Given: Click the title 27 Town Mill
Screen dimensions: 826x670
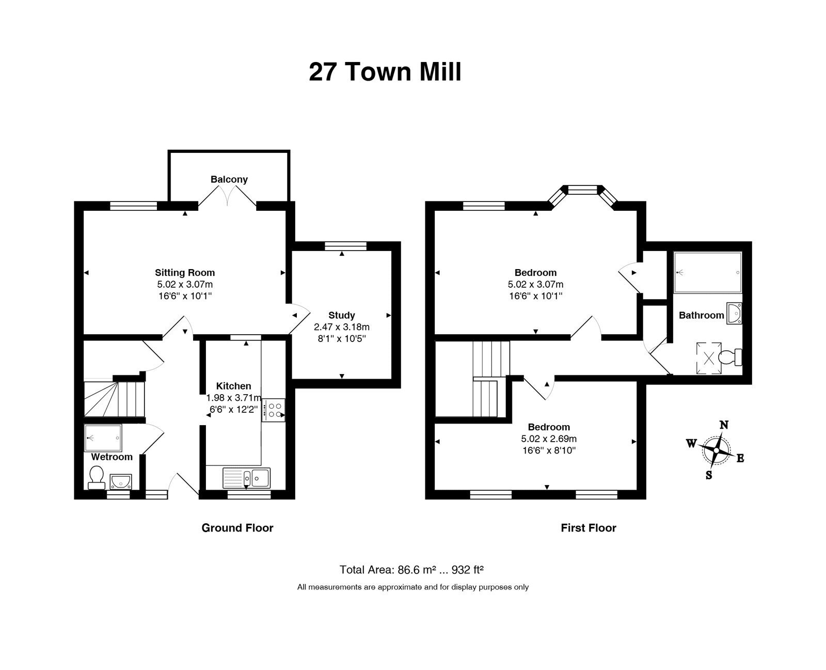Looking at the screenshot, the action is (385, 72).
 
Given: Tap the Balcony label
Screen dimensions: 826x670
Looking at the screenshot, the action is (229, 179).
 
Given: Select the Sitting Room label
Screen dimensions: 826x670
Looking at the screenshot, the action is (185, 273).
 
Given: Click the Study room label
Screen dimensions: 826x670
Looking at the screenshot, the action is (341, 315).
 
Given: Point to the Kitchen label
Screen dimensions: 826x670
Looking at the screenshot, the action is (233, 386).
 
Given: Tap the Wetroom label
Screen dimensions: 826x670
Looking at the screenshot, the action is (112, 457).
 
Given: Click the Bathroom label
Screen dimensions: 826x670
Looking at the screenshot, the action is (701, 315).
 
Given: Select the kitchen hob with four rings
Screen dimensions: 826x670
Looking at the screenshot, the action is (274, 410).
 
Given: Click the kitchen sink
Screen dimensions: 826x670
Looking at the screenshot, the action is (247, 477).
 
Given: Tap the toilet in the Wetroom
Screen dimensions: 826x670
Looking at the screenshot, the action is (96, 477).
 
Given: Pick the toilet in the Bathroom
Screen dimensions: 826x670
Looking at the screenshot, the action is (730, 357).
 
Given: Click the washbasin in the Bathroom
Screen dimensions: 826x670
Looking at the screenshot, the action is (734, 314).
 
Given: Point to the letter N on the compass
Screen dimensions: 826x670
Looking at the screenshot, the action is (724, 425).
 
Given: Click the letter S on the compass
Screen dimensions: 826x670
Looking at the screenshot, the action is (709, 475).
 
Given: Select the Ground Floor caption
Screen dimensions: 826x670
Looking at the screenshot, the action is (237, 527).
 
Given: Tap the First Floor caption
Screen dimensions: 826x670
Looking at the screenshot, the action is (589, 527).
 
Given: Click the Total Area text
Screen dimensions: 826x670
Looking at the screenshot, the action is (411, 569).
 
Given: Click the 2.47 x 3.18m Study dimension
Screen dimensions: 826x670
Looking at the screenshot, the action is (342, 327).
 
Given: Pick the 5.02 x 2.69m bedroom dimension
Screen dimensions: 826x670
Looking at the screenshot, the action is (549, 439).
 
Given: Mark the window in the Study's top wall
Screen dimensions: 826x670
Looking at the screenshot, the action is (345, 246).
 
